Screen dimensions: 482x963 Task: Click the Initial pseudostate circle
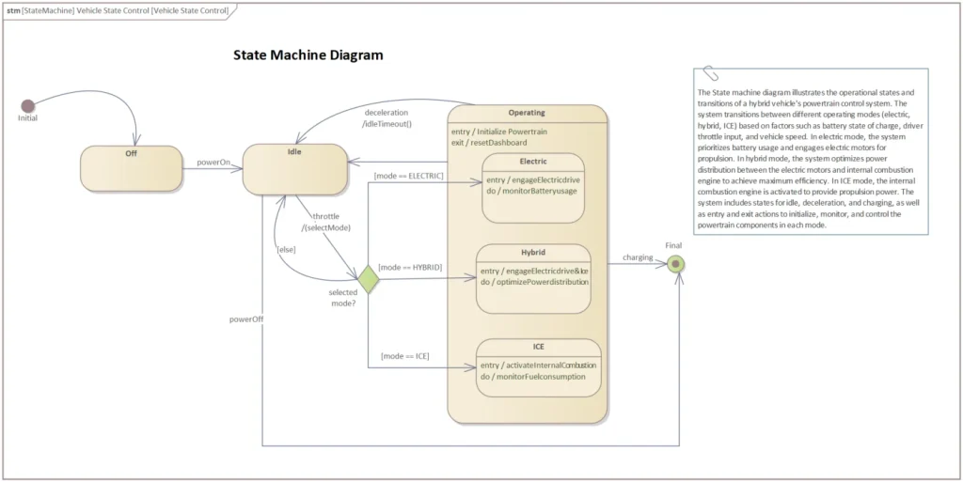28,105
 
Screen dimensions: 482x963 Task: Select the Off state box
131,168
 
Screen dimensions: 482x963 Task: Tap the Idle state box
288,169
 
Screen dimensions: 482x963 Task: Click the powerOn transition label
213,163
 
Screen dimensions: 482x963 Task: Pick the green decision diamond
368,279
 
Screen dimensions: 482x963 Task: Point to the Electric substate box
533,188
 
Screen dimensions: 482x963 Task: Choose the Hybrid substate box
533,278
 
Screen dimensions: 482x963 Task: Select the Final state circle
674,265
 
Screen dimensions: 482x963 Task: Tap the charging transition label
638,257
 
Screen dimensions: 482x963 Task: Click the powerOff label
245,319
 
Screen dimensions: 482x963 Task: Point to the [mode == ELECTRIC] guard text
408,176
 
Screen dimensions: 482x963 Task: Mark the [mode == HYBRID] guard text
410,268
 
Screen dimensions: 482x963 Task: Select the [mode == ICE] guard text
405,356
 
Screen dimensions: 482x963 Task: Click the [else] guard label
286,249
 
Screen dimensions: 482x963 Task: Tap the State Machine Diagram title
308,55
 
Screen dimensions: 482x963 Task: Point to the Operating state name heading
526,114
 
